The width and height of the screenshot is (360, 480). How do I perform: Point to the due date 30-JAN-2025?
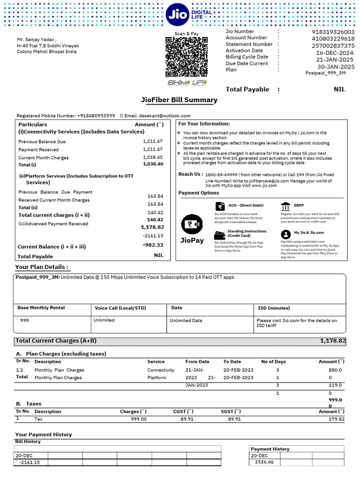[336, 67]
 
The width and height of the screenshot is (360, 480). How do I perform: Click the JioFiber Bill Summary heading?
[179, 100]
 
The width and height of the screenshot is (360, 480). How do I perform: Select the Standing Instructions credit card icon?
[219, 234]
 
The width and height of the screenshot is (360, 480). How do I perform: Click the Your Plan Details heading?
[42, 267]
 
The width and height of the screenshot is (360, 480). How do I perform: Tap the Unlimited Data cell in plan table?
[186, 321]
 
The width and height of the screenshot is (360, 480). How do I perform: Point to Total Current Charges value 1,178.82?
[333, 341]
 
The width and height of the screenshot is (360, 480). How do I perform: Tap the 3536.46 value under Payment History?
[264, 462]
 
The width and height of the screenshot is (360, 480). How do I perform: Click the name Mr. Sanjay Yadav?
[37, 40]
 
